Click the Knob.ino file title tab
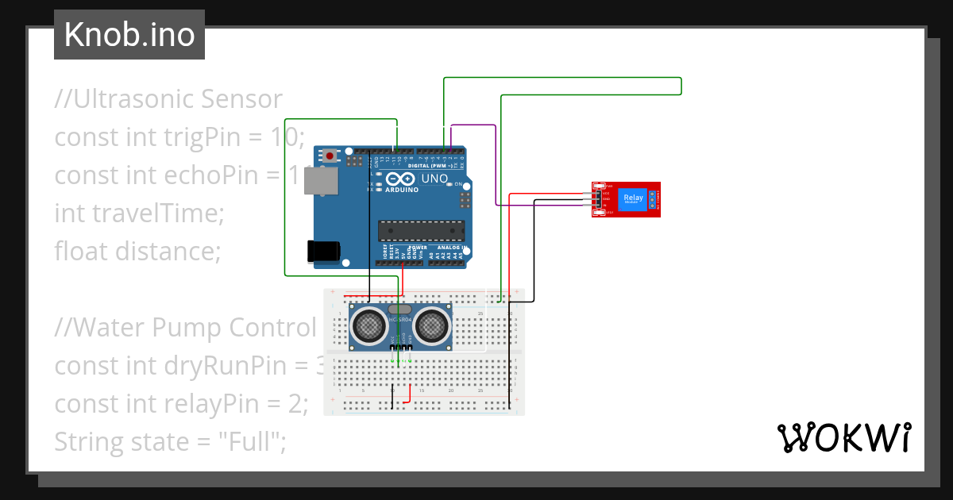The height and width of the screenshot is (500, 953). [129, 35]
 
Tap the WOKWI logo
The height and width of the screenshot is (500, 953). [843, 437]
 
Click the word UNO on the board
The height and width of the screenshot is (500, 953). [434, 179]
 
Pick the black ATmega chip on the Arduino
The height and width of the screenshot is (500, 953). [421, 231]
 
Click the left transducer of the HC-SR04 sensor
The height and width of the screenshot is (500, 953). [369, 324]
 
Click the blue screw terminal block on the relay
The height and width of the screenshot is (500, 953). [653, 198]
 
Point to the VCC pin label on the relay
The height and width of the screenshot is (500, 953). [606, 193]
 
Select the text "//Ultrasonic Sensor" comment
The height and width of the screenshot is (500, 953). [168, 99]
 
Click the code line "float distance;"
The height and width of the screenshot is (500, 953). [137, 252]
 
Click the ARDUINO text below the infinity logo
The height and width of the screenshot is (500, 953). [403, 190]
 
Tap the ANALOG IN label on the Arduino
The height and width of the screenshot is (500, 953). [451, 248]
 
